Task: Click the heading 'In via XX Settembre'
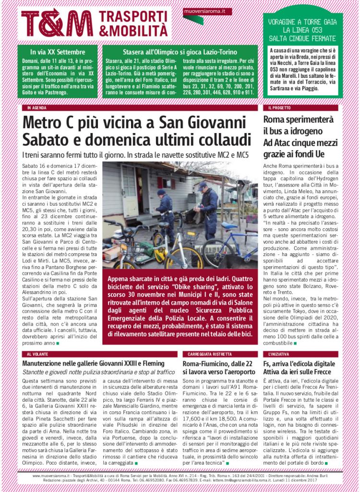point(58,52)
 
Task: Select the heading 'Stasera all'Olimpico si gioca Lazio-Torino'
point(178,52)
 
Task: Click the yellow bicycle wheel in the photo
point(184,257)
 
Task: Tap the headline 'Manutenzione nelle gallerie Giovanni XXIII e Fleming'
point(94,363)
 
